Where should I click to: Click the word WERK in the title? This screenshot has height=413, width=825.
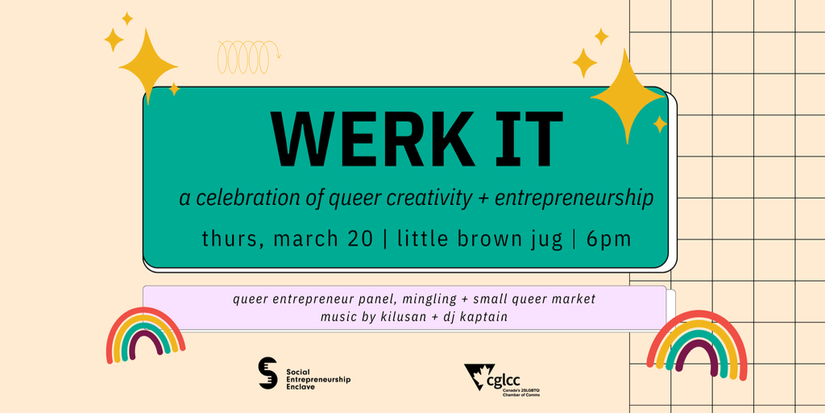tap(370, 140)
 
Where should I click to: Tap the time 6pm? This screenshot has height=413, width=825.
tap(608, 240)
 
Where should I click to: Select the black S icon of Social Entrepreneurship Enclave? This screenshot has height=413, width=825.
tap(267, 373)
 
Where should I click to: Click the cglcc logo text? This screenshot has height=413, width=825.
tap(516, 378)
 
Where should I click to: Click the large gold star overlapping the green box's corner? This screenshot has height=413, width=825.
tap(627, 97)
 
